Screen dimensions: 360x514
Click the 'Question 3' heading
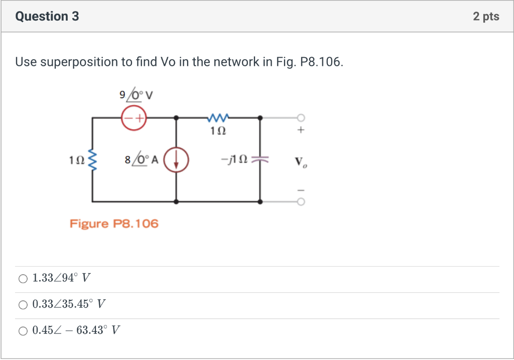coord(47,17)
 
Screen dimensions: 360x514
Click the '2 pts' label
coord(486,17)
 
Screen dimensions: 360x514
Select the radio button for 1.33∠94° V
coord(23,278)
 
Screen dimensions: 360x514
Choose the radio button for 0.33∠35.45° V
coord(23,304)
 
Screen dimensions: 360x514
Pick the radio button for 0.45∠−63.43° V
coord(23,330)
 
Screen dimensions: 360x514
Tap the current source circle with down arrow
coord(176,160)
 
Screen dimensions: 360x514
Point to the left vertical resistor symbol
coord(92,160)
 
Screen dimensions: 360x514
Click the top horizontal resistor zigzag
coord(218,118)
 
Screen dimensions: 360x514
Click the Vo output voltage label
coord(301,162)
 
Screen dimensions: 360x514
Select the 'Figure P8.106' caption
coord(114,223)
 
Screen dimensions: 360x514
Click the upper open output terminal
coord(301,118)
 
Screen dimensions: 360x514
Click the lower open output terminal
coord(301,202)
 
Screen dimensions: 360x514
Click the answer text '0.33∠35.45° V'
coord(69,304)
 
